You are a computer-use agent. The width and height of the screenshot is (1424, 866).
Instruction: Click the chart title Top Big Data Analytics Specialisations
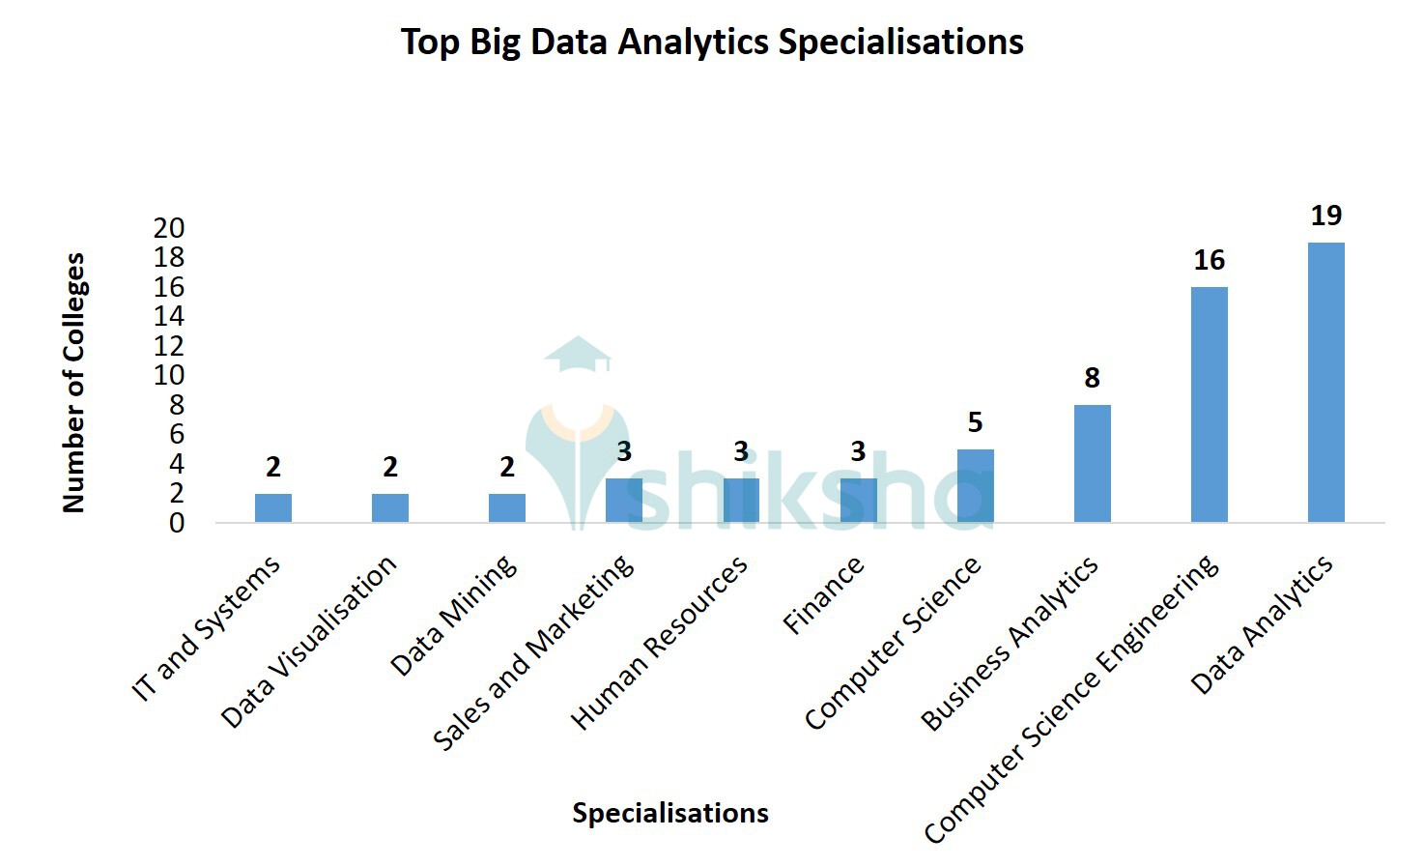click(712, 43)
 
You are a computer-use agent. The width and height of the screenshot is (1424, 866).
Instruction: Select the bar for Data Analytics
click(1325, 382)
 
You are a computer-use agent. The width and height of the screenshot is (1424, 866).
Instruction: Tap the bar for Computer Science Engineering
click(1209, 404)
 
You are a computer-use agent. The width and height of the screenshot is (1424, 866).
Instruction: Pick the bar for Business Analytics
click(1092, 463)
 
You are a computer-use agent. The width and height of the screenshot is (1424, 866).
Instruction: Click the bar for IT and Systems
click(273, 507)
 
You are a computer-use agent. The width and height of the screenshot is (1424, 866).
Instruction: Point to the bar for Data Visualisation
click(390, 507)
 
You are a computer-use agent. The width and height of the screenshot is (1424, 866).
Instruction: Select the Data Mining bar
click(507, 507)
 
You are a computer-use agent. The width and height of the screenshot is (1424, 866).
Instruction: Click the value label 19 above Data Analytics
click(1325, 216)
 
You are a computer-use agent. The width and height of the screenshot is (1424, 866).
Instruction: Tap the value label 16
click(1209, 260)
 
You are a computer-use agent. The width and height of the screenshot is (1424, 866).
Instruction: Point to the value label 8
click(1092, 378)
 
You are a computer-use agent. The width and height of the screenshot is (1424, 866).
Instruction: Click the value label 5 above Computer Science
click(975, 422)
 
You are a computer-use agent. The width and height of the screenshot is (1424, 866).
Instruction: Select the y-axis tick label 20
click(169, 228)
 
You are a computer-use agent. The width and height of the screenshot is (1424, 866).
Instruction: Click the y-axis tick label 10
click(169, 375)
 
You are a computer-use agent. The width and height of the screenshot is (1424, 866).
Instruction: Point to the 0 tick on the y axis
click(176, 523)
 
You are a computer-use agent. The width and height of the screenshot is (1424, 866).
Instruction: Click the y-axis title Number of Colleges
click(74, 382)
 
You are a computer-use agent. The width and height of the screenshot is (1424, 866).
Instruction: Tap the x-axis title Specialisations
click(670, 813)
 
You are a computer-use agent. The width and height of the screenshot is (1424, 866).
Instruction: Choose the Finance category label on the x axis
click(823, 596)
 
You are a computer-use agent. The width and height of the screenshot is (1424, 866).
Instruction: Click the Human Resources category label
click(659, 643)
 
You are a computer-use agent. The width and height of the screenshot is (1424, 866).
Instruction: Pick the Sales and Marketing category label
click(533, 652)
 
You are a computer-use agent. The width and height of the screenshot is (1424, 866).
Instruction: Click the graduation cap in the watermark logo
click(578, 354)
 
